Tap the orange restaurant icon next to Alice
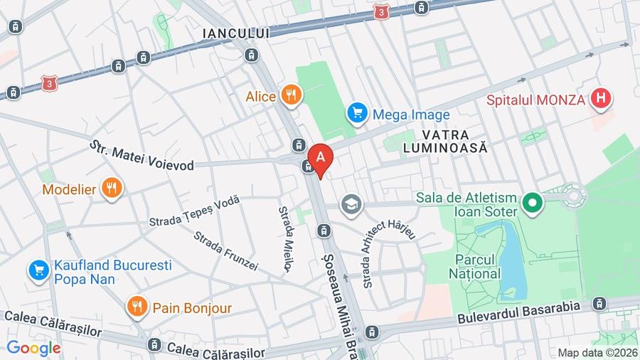[291, 95]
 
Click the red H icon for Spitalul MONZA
[601, 99]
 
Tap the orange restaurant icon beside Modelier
[111, 189]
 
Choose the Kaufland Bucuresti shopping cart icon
[38, 270]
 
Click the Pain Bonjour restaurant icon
[137, 307]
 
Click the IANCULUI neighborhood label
[236, 33]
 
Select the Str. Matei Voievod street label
[142, 156]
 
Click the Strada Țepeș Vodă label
[194, 211]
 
